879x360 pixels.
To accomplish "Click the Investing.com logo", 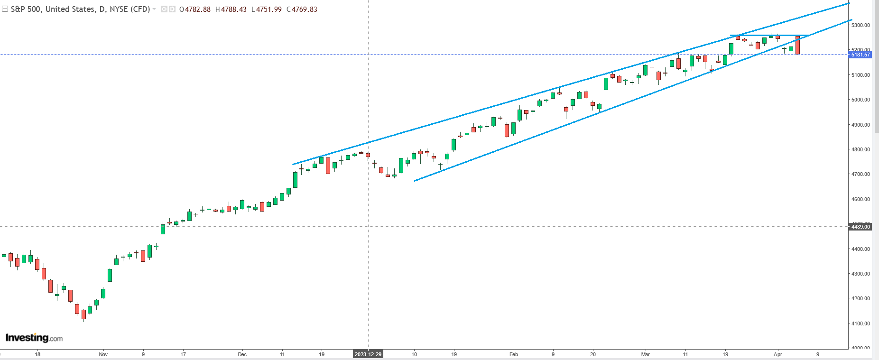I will coord(34,338).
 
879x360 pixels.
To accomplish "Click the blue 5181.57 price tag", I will coord(860,55).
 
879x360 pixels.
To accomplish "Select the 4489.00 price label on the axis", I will coord(860,227).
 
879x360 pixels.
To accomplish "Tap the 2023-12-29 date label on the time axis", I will coord(368,354).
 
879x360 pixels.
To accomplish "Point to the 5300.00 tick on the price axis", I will coord(860,25).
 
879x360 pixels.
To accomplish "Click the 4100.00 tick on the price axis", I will coord(860,323).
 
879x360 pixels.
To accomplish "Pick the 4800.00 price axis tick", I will coord(860,149).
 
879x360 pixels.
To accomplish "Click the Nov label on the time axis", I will coord(103,354).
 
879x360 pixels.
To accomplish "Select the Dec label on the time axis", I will coord(242,354).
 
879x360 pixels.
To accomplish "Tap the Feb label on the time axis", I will coord(513,354).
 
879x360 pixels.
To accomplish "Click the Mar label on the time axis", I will coord(645,354).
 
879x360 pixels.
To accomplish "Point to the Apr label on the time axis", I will coord(777,354).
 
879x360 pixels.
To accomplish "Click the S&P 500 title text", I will coord(80,9).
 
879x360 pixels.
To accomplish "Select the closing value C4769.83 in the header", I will coord(302,9).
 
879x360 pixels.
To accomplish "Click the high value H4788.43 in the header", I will coord(231,9).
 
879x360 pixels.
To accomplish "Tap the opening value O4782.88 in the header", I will coord(195,9).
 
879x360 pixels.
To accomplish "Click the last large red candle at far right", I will coord(798,46).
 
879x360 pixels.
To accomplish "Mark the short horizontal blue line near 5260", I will coord(768,36).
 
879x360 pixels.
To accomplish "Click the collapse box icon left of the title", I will coord(5,9).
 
